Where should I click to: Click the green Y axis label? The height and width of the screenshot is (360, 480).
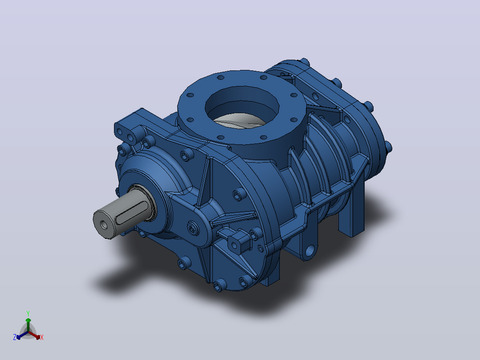pos(28,313)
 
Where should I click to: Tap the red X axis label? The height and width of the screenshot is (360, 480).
pos(42,337)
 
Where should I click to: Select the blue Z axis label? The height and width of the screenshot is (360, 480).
pos(15,337)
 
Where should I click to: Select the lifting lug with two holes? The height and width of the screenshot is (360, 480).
pos(129,129)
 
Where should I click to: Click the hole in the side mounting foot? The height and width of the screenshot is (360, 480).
pos(310,250)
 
